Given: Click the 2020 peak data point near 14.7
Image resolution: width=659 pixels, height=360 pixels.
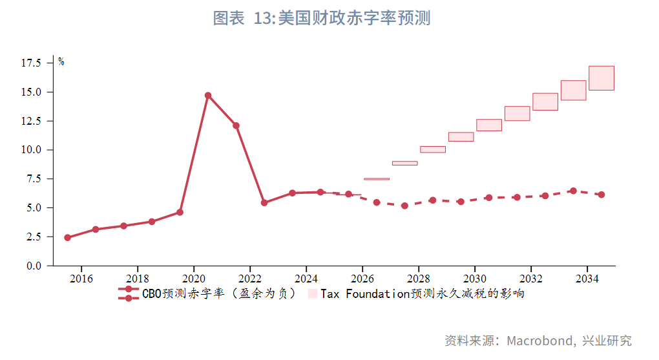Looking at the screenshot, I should (208, 96).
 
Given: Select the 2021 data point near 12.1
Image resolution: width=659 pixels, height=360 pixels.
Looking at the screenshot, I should (236, 125).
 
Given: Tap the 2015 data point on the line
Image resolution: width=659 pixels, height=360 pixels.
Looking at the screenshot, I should (67, 237).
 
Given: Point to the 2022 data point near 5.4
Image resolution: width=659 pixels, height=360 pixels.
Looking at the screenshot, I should (264, 203).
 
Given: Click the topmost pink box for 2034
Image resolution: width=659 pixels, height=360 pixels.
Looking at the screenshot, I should (601, 78).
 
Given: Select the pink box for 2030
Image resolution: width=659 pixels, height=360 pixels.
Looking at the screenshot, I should (489, 125).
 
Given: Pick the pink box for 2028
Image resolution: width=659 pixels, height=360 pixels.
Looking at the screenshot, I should (433, 149).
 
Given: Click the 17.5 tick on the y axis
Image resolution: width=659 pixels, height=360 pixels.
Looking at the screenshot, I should (32, 63).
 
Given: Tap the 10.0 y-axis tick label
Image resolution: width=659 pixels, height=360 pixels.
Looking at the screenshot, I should (32, 150).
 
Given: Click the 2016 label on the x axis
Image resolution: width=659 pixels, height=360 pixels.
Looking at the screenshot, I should (81, 279).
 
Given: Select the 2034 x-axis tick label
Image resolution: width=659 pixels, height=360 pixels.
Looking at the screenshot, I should (587, 279).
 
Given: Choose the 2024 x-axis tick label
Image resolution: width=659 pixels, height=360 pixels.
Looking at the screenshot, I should (306, 279).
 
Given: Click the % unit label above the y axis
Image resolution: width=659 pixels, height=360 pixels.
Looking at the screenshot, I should (61, 62).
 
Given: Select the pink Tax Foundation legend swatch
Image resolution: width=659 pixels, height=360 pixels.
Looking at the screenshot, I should (313, 294).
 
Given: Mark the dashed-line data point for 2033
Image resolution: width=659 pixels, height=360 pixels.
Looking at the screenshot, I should (573, 191).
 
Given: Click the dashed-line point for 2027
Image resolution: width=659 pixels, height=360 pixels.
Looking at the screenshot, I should (404, 206).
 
